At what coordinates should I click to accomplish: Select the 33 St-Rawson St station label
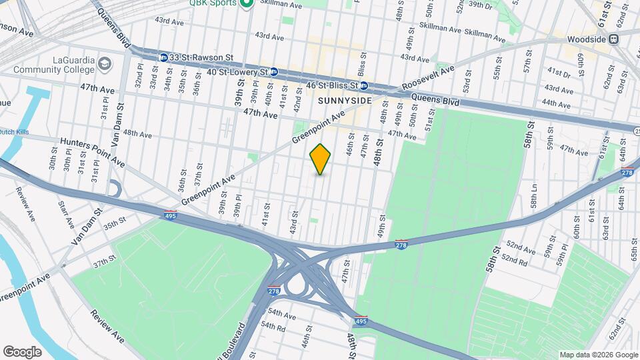(x=195, y=57)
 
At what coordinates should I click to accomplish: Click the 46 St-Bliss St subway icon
(x=363, y=86)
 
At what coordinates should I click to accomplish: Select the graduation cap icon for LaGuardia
(x=105, y=63)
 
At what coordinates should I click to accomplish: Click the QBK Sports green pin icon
(x=246, y=4)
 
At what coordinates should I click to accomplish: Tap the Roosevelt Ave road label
(x=429, y=77)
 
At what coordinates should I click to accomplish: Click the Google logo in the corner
(x=22, y=351)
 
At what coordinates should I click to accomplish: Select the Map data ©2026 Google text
(x=597, y=355)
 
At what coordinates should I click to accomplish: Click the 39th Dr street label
(x=480, y=5)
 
